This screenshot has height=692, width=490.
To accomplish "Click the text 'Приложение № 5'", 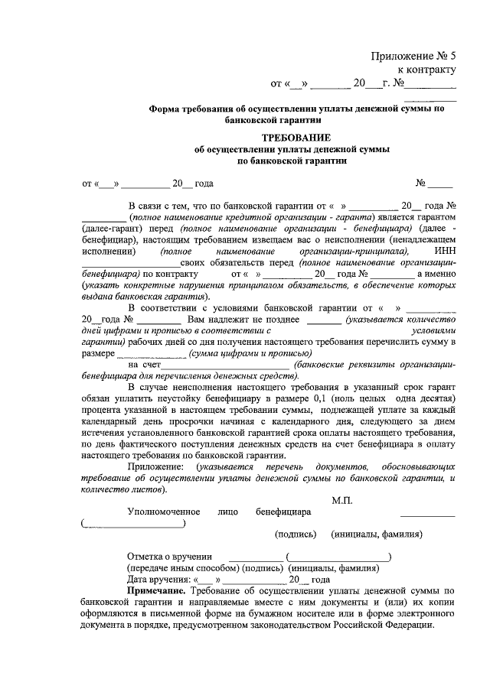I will (413, 56).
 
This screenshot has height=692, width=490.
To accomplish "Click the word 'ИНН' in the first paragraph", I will (444, 251).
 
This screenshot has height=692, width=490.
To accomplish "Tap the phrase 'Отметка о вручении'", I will (170, 557).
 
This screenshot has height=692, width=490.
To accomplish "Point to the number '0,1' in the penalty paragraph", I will (322, 399).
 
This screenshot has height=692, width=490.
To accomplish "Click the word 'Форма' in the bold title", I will (164, 109).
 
